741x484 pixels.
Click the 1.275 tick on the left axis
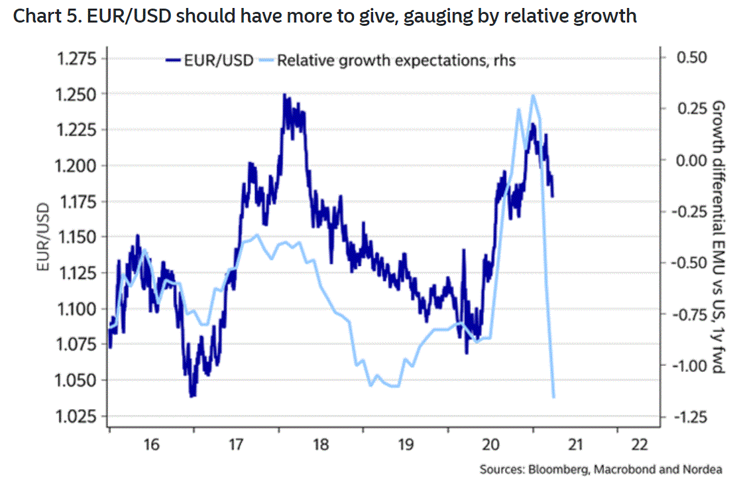pyautogui.click(x=77, y=59)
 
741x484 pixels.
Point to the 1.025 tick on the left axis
pyautogui.click(x=77, y=416)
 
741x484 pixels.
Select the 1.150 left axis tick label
pyautogui.click(x=77, y=237)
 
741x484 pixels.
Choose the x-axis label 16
pyautogui.click(x=151, y=444)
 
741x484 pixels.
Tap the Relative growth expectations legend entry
pyautogui.click(x=396, y=60)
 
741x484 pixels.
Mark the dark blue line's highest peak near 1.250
pyautogui.click(x=284, y=94)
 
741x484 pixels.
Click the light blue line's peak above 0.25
pyautogui.click(x=533, y=95)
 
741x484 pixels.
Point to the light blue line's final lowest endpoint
pyautogui.click(x=553, y=396)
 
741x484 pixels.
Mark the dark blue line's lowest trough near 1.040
pyautogui.click(x=192, y=396)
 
